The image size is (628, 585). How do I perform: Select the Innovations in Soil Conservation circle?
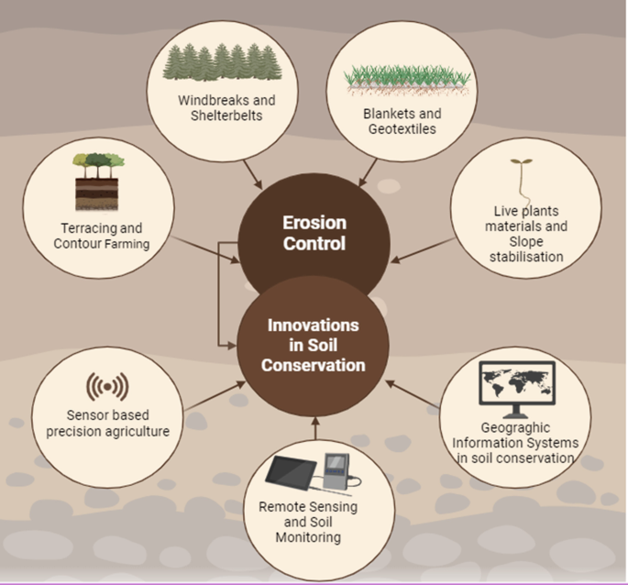point(313,345)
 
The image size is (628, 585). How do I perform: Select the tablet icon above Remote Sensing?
point(294,472)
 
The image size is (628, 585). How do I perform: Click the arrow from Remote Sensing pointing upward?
point(314,429)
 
